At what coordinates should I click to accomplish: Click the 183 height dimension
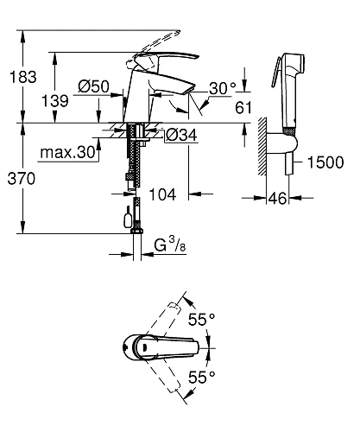tap(23, 77)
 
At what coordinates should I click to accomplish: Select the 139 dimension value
tap(55, 101)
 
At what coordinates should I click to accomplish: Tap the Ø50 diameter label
tap(94, 86)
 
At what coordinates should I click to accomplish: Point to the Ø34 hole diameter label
tap(181, 135)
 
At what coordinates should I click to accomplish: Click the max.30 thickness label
tap(67, 152)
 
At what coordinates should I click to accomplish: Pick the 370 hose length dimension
tap(22, 179)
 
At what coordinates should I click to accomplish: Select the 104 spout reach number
tap(162, 194)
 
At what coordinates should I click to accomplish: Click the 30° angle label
tap(222, 88)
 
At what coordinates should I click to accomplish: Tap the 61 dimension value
tap(243, 108)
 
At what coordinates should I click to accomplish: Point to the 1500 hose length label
tap(325, 162)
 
